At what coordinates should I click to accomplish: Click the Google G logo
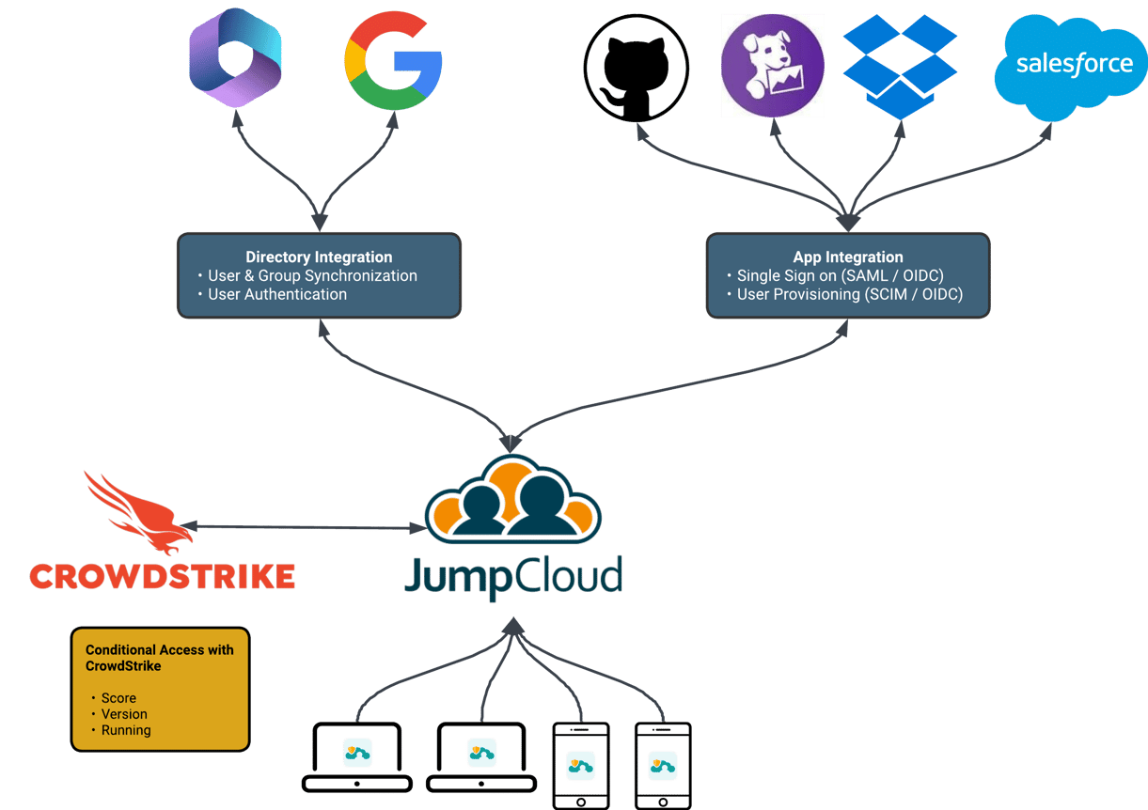coord(393,61)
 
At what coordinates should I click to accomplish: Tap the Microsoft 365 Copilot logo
coord(235,58)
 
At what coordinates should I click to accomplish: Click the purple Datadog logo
coord(773,66)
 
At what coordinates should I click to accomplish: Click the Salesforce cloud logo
coord(1074,66)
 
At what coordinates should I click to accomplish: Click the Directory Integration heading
coord(319,257)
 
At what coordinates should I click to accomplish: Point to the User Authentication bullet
coord(276,294)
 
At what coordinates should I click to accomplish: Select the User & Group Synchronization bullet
coord(312,275)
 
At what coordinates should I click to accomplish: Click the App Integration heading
coord(847,257)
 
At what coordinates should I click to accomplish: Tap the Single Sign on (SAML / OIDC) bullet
coord(840,275)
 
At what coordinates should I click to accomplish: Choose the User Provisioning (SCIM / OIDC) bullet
coord(849,294)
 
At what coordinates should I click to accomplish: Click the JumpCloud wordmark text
coord(513,574)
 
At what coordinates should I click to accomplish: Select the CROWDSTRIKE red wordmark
coord(162,576)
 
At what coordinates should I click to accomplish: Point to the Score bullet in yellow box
coord(118,698)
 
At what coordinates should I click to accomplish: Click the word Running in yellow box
coord(126,730)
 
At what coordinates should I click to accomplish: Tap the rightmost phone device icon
coord(663,764)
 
